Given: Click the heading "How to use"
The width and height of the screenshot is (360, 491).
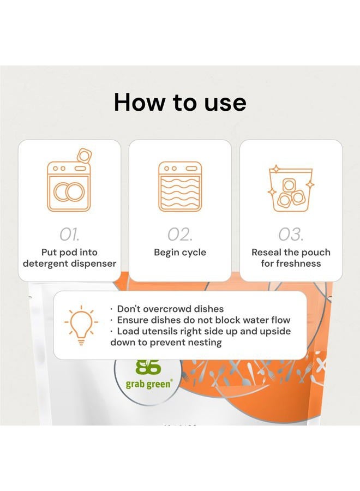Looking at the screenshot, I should point(179,103).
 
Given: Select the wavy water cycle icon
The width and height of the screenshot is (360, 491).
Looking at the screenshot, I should point(179,187).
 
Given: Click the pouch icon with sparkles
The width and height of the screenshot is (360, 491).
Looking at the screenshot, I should point(291,189).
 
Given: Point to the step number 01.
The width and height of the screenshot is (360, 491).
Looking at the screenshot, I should point(69,235).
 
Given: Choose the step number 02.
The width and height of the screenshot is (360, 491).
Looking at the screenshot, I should point(179,235).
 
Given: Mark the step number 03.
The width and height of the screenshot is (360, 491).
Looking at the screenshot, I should point(291,235).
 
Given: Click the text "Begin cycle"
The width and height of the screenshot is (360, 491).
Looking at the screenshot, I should point(179,253).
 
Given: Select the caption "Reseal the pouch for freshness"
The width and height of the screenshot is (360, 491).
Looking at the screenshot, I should point(291,258).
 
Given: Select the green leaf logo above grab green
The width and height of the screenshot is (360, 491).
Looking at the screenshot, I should point(145,366).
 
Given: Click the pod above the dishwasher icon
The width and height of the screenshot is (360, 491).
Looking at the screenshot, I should point(84,155).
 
